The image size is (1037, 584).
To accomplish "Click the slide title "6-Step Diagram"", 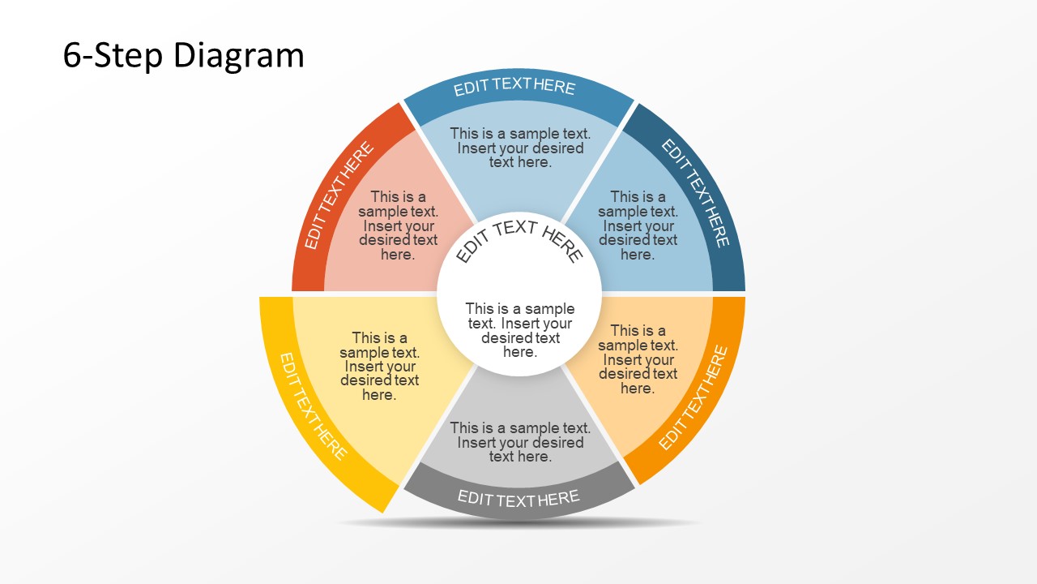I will pos(183,56).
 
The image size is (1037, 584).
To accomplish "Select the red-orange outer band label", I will pos(339,195).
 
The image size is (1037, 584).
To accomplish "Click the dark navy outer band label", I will pos(696,193).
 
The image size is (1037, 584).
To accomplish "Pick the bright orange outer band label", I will pos(693,397).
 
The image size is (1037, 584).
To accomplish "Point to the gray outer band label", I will pos(518,498).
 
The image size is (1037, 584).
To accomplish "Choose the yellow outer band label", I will pos(313,406).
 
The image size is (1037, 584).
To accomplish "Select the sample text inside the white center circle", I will pos(519,330).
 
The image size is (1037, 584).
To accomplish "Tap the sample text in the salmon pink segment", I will pos(398,225).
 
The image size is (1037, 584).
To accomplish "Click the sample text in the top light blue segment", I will pos(520,148).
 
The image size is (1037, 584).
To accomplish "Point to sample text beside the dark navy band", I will pos(638,225).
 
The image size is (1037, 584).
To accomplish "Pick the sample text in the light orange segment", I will pos(638,359).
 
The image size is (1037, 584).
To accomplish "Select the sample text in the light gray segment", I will pos(520,442).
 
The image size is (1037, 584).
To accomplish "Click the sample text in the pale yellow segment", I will pos(379,367).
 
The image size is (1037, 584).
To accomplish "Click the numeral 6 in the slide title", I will pos(71,56).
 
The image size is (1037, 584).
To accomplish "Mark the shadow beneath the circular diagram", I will pos(518,523).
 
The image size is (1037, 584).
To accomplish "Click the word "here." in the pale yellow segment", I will pos(378,395).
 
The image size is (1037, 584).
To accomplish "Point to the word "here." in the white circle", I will pos(519,352).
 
